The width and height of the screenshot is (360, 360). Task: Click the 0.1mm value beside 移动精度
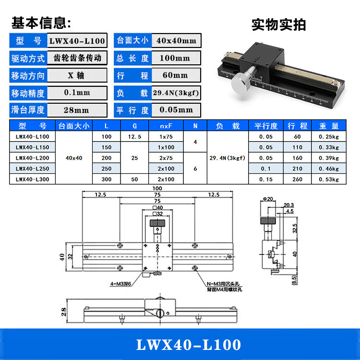pyautogui.click(x=77, y=93)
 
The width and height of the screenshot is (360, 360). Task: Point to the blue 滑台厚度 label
pyautogui.click(x=28, y=110)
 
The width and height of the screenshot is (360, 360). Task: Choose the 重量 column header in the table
pyautogui.click(x=329, y=126)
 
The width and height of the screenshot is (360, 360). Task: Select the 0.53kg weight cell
pyautogui.click(x=329, y=180)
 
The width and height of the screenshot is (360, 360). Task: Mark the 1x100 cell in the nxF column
pyautogui.click(x=167, y=147)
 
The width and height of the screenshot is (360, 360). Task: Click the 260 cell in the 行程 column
pyautogui.click(x=297, y=180)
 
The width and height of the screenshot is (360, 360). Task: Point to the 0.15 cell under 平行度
pyautogui.click(x=265, y=180)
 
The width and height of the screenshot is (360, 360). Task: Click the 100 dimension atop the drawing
pyautogui.click(x=157, y=188)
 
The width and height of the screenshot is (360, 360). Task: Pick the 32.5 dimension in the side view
pyautogui.click(x=296, y=226)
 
